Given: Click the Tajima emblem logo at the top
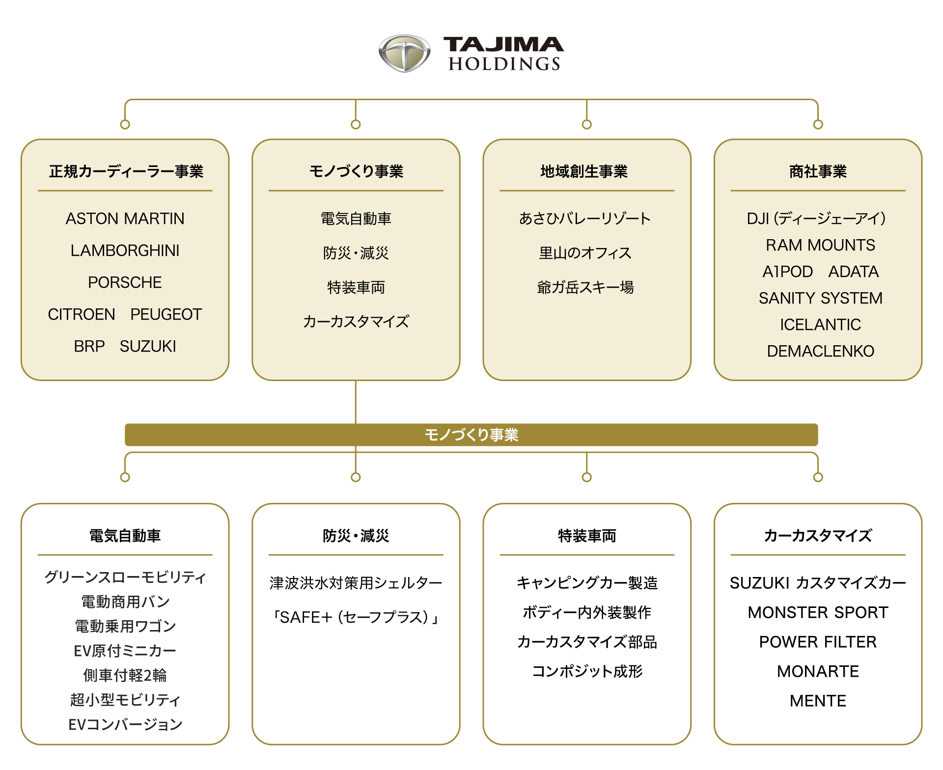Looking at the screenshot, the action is tap(404, 53).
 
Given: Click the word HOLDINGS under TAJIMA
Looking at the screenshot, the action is tap(504, 64).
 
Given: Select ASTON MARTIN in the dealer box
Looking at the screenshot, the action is tap(125, 219).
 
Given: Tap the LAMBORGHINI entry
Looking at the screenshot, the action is tap(125, 250).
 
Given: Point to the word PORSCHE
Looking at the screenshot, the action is tap(125, 282).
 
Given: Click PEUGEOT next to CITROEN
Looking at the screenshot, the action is tap(166, 314).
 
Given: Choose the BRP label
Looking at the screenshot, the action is tap(89, 346).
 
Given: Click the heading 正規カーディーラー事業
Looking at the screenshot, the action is tap(126, 171).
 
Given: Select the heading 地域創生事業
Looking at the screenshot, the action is tap(584, 171).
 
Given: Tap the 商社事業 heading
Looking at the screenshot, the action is tap(818, 171).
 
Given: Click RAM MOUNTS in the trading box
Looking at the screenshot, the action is tap(820, 245).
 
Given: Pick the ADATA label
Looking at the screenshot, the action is tap(854, 272).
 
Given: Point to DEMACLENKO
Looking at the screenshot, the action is tap(820, 351).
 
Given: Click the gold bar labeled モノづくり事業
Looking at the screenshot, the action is tap(471, 435).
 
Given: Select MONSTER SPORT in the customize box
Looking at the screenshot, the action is tap(818, 612).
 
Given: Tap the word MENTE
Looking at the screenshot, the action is tap(818, 701).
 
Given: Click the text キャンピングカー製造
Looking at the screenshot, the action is tap(587, 583).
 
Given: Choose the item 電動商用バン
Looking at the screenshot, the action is tap(125, 602).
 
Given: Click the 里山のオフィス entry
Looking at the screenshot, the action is tap(585, 253).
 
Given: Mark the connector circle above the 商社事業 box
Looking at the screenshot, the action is tap(818, 125).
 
